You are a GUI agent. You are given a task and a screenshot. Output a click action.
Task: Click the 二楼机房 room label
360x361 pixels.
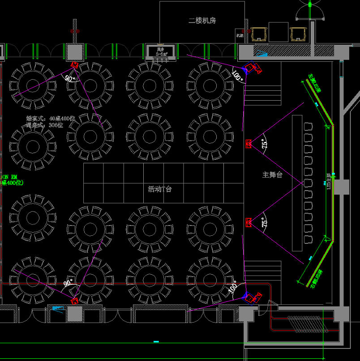click(202, 21)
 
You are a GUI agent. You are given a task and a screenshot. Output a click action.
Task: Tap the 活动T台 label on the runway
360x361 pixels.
click(160, 189)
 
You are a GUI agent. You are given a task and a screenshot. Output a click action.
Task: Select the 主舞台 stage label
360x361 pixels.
click(272, 175)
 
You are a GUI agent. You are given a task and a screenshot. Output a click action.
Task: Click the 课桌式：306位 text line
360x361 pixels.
click(44, 125)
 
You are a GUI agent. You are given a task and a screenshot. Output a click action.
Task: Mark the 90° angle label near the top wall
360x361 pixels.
click(70, 79)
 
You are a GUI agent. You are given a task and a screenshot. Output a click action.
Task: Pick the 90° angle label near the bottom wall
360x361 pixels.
click(68, 283)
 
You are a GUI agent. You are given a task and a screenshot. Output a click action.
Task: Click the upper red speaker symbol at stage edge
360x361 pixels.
click(249, 144)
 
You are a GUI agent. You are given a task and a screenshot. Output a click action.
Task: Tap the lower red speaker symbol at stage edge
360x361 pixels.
click(249, 222)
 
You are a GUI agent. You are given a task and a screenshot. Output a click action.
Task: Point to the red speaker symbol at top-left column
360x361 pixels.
click(74, 65)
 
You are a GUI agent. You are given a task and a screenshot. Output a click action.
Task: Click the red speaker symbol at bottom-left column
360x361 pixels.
click(74, 301)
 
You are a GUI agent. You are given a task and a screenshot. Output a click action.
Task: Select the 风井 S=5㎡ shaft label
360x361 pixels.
click(160, 51)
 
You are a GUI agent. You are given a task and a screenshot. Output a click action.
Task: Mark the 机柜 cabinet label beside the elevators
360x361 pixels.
click(240, 33)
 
